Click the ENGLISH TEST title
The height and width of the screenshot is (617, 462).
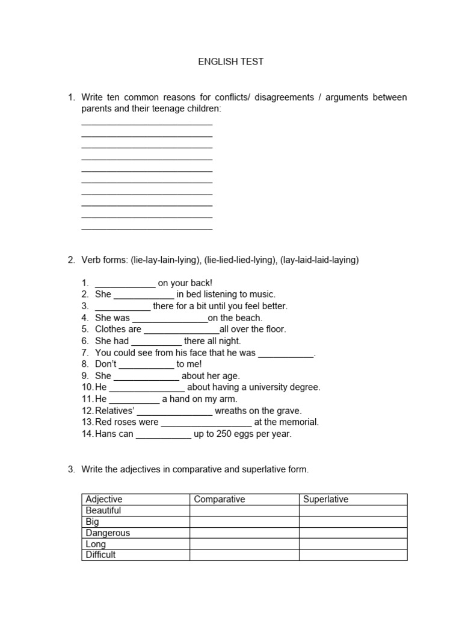point(231,61)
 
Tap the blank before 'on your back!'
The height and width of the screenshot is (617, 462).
point(125,283)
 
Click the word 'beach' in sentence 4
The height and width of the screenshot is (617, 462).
point(248,318)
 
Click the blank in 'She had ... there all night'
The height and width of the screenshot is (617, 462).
point(156,341)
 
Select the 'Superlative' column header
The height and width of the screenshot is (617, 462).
point(326,500)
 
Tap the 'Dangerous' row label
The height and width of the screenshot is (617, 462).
point(108,533)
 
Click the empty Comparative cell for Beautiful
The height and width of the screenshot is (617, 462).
point(244,511)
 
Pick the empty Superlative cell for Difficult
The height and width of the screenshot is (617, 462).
point(353,555)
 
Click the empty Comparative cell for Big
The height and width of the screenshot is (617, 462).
point(244,522)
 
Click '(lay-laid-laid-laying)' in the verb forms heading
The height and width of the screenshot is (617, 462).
point(319,260)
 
